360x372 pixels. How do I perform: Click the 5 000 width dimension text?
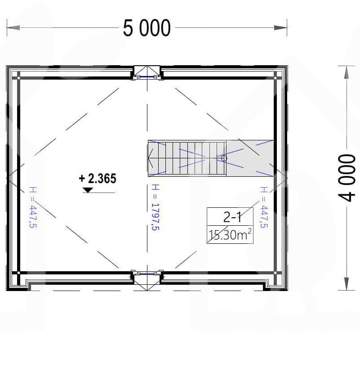point(147,28)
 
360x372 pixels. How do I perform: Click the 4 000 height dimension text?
point(347,178)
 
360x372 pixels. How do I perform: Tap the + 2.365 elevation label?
point(98,179)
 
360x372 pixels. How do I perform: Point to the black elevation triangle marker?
point(88,190)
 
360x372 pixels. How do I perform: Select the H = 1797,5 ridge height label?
point(155,207)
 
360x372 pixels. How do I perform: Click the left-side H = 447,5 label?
point(33,207)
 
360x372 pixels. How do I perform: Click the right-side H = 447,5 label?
point(264,207)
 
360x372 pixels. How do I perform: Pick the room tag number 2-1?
point(232,217)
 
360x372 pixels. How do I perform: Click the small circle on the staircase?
point(224,158)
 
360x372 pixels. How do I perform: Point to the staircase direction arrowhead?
point(150,158)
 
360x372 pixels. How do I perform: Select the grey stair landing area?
point(250,158)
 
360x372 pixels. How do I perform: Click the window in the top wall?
point(147,76)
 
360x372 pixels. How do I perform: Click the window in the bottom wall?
point(147,273)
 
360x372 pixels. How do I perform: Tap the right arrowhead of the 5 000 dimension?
point(280,27)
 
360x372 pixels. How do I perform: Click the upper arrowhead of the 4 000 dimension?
point(347,72)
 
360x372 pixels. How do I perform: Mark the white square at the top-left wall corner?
point(18,77)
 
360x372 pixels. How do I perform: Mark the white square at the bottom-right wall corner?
point(276,273)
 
